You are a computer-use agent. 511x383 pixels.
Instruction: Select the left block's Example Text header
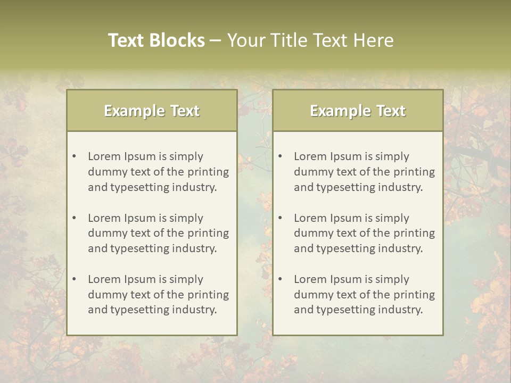[152, 111]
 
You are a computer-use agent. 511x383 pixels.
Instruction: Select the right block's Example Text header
[358, 111]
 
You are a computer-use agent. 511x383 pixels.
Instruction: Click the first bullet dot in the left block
[75, 156]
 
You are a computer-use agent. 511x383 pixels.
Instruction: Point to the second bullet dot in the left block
[75, 218]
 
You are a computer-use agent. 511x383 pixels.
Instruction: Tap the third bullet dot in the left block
[75, 279]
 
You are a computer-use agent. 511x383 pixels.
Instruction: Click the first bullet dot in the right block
[281, 156]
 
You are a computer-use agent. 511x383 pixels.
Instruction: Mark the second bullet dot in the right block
[281, 218]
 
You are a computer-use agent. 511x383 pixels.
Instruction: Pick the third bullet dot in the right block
[281, 279]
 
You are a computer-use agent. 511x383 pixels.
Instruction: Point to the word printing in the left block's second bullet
[208, 233]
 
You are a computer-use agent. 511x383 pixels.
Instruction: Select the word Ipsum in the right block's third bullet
[346, 279]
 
